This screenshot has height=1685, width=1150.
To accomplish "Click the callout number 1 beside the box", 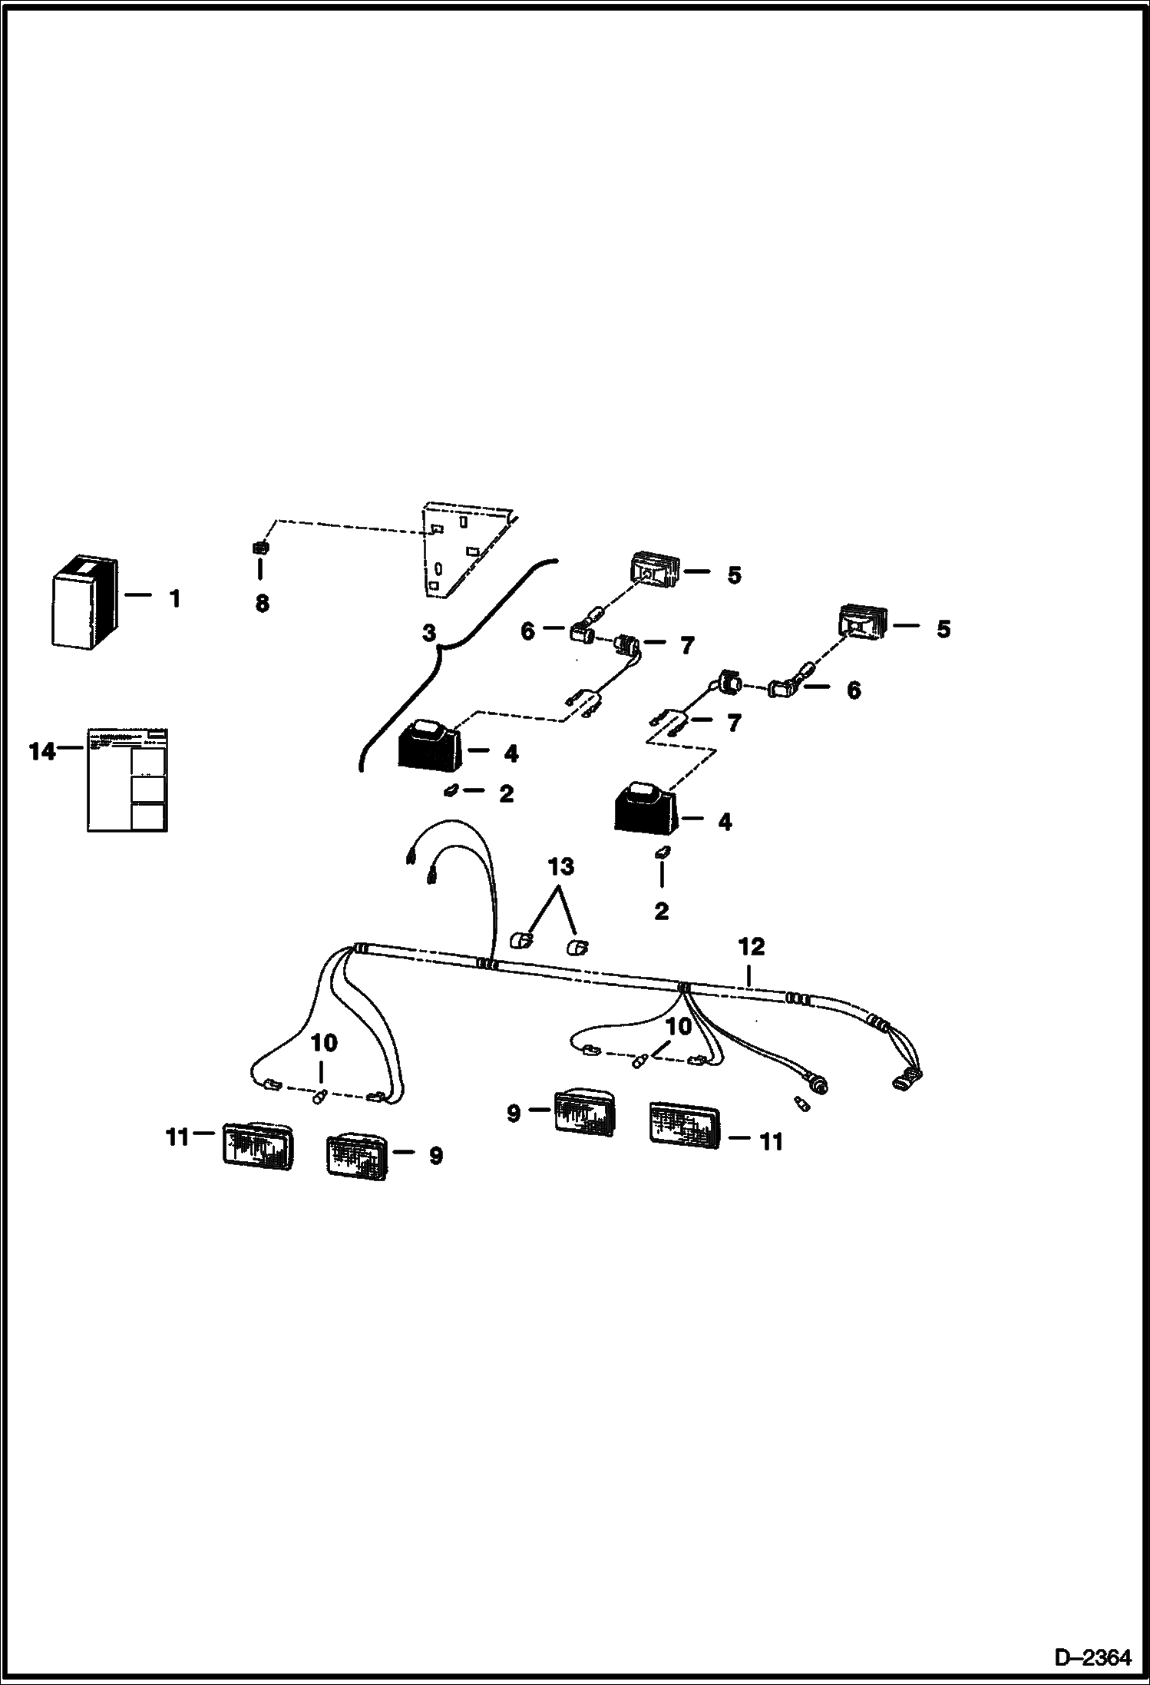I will click(175, 598).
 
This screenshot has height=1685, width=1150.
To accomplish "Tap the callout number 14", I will click(42, 751).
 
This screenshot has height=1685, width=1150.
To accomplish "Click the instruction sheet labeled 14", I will click(127, 779).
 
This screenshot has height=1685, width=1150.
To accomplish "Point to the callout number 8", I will click(262, 604).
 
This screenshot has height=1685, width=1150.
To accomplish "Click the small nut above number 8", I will click(260, 548).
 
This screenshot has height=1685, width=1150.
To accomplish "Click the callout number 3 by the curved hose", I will click(428, 634).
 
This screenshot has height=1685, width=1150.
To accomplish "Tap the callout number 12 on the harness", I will click(752, 947).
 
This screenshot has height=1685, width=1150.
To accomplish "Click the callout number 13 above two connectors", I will click(560, 867).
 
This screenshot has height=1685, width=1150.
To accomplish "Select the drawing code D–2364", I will click(1092, 1657).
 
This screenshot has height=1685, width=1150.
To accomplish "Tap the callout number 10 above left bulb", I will click(323, 1043).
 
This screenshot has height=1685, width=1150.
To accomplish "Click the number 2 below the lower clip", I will click(661, 912).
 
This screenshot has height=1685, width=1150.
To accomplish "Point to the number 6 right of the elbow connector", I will click(853, 690).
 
